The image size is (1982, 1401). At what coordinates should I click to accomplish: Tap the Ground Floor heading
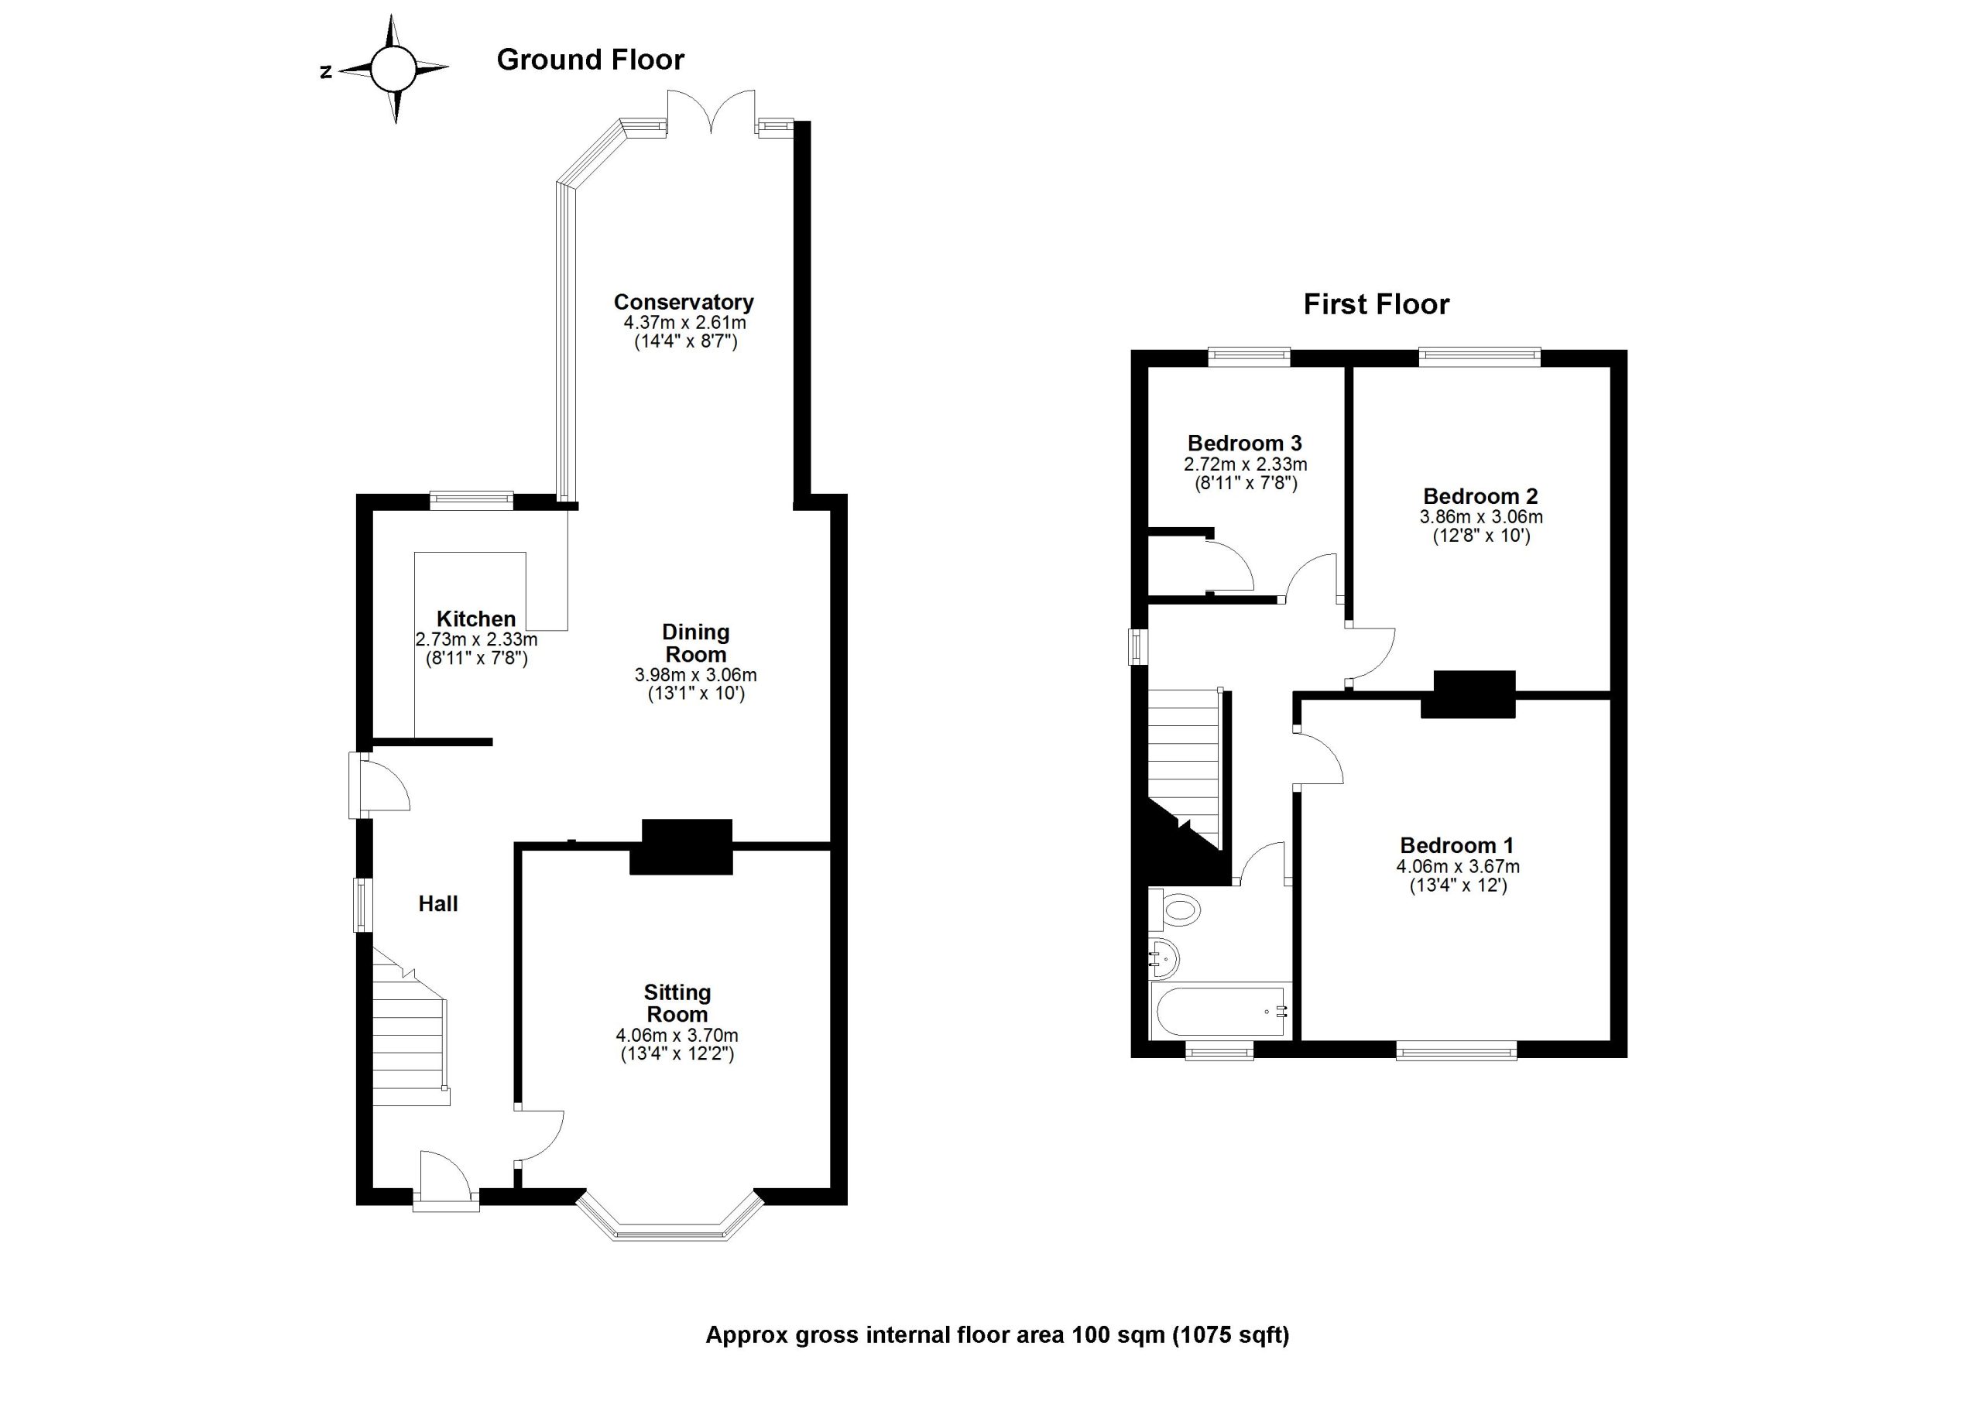coord(591,60)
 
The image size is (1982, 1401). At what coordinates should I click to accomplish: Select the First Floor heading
coord(1376,305)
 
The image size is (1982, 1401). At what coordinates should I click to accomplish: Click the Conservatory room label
coord(684,302)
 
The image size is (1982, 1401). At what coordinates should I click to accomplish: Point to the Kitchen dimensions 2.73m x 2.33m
coord(476,639)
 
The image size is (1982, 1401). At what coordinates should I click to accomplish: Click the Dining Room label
coord(696,643)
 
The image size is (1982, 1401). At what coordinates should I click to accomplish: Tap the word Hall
coord(437,904)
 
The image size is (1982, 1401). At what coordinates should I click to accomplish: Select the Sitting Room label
coord(677,1003)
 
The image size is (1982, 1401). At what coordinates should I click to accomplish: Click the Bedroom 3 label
coord(1245,443)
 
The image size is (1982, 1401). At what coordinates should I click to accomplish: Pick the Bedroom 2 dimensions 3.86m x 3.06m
coord(1481,517)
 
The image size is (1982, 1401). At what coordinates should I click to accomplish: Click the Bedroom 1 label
coord(1457,845)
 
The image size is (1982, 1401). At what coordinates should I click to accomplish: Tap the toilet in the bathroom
coord(1179,909)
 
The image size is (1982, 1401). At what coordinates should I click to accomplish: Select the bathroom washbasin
coord(1164,958)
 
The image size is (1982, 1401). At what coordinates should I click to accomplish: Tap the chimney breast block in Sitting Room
coord(682,847)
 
